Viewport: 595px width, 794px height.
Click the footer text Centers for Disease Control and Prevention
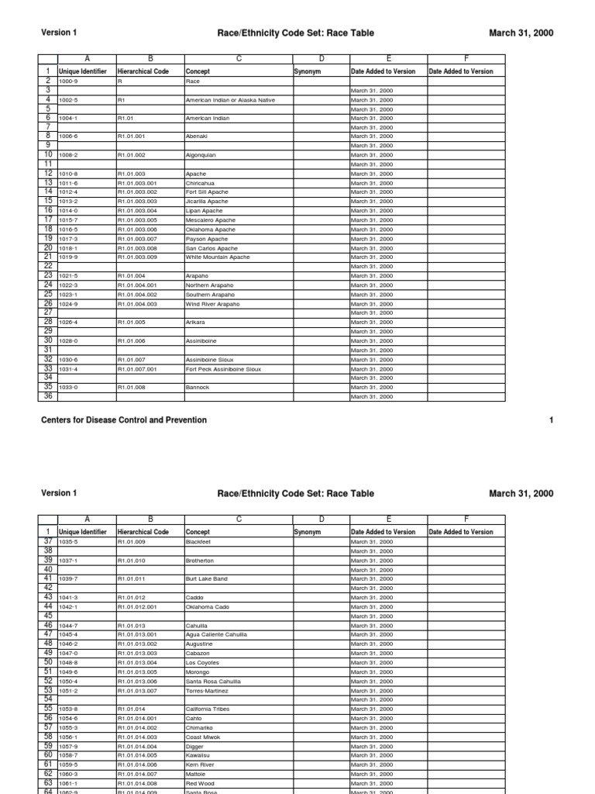(123, 420)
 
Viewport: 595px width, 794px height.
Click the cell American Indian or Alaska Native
(230, 100)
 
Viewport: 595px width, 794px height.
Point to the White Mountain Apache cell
(218, 257)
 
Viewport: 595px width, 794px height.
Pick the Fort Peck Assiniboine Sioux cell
(223, 369)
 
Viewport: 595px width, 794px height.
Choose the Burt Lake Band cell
(206, 578)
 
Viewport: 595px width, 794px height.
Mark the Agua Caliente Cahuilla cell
(216, 634)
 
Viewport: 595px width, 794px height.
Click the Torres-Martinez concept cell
(207, 690)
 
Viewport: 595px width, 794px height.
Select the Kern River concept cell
(200, 765)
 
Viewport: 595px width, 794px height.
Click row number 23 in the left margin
(48, 275)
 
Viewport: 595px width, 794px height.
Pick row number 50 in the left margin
(48, 662)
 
